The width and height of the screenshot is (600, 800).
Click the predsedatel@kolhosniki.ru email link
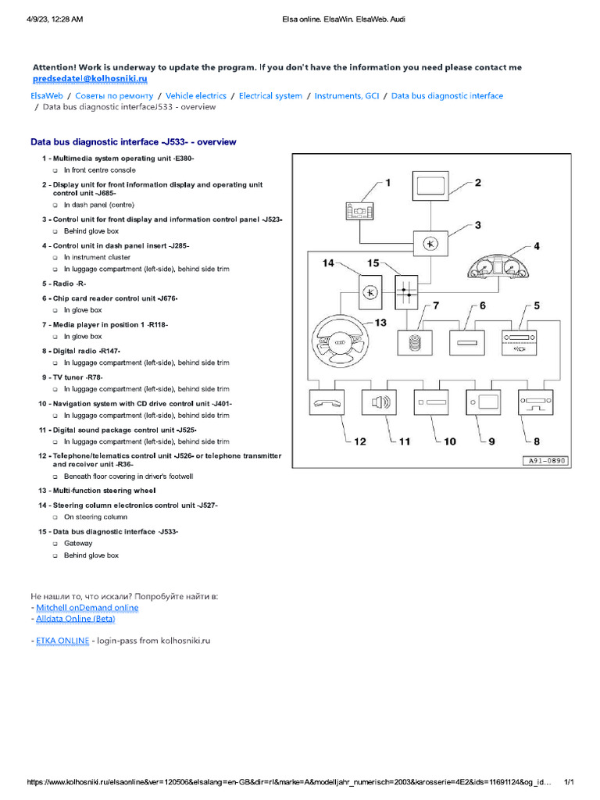click(90, 79)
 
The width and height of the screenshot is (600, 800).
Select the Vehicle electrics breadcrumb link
click(196, 96)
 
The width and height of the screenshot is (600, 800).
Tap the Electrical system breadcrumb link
click(270, 96)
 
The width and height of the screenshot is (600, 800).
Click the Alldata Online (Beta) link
click(76, 619)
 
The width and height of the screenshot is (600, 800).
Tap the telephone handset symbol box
click(327, 402)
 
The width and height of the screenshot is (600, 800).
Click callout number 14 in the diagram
click(329, 263)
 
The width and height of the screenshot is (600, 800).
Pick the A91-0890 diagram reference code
click(545, 461)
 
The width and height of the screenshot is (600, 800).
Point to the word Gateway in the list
click(78, 543)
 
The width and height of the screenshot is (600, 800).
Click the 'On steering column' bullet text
click(95, 517)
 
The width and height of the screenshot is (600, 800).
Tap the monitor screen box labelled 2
click(430, 185)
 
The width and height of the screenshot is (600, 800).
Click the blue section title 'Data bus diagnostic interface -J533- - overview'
click(133, 142)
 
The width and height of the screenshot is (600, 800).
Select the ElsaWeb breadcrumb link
click(47, 96)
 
